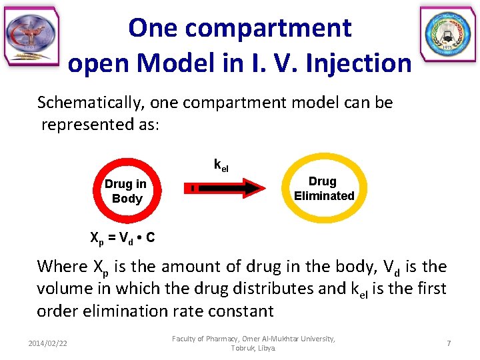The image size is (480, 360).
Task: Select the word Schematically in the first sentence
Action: click(91, 103)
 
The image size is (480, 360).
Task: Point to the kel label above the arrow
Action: click(221, 164)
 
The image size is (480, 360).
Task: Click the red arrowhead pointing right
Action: click(253, 189)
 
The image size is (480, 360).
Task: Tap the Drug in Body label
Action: click(125, 191)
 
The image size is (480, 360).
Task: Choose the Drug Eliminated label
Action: click(323, 189)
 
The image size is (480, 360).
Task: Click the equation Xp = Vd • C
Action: click(122, 237)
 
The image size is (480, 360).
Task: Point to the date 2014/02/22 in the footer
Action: click(48, 343)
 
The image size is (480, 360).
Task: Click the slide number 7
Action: click(449, 343)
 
